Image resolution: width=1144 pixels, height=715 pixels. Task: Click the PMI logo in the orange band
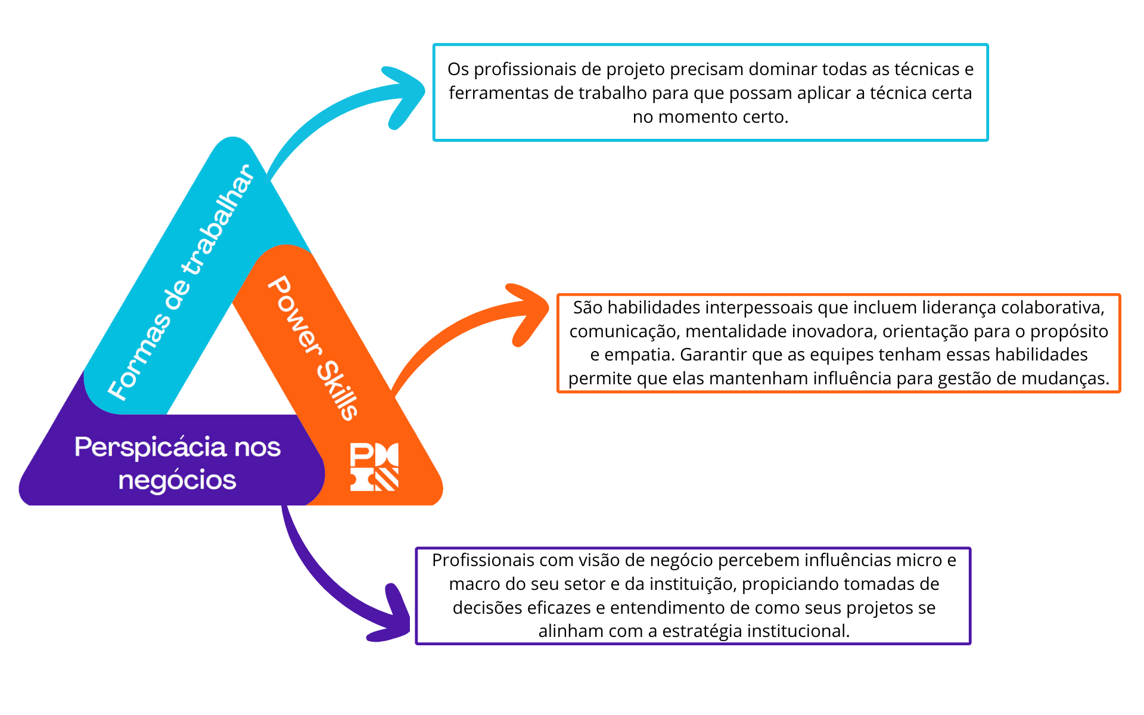tap(374, 467)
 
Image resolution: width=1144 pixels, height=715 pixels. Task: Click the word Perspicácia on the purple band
tap(151, 447)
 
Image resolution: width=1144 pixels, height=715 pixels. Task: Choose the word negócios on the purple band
tap(178, 481)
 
